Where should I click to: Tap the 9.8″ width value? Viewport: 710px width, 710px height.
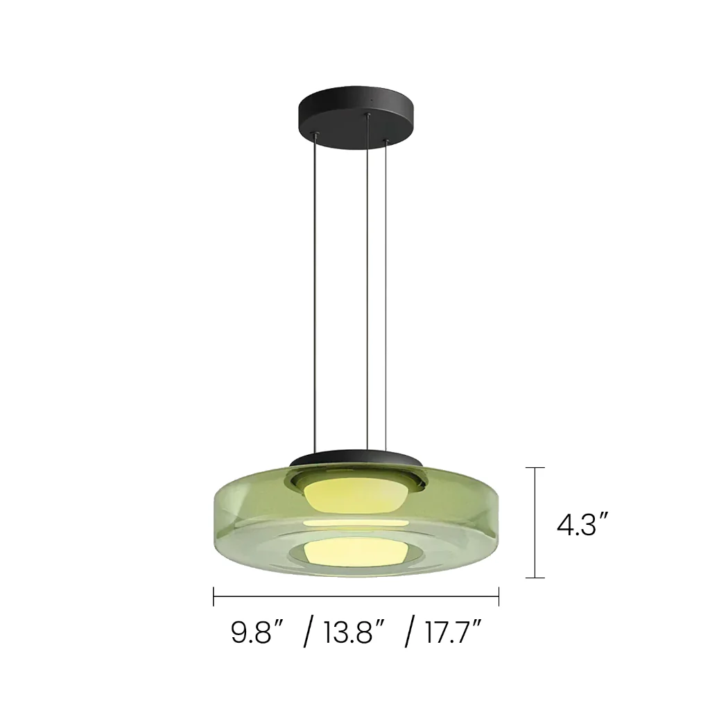(258, 632)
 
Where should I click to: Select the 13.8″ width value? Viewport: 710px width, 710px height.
(354, 632)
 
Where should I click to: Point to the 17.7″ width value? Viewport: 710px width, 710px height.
(453, 632)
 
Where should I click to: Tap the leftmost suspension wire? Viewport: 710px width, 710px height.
(315, 293)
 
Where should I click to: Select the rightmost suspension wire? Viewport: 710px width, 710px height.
(386, 294)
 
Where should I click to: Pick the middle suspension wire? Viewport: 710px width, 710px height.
(368, 281)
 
